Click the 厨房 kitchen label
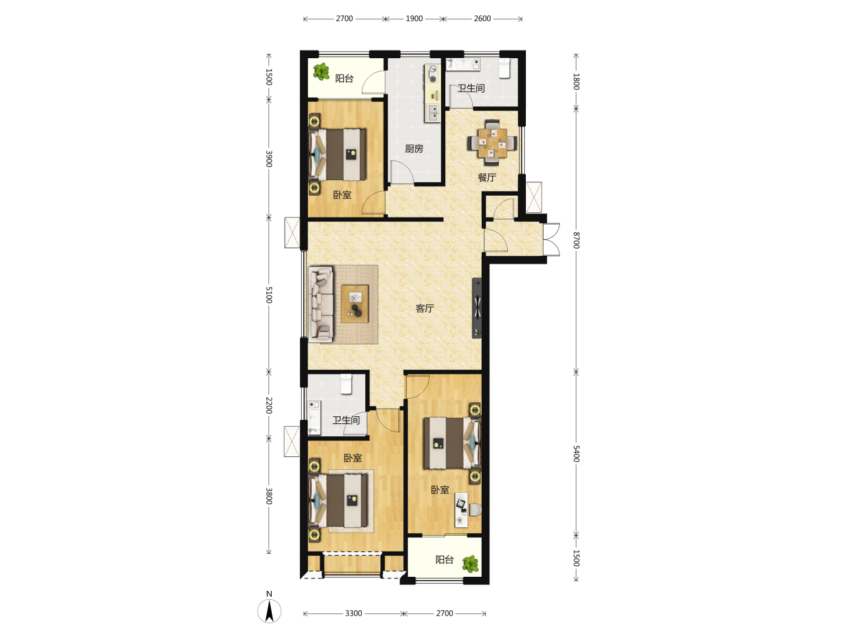(x=414, y=148)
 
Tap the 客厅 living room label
(x=425, y=308)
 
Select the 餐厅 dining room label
(x=486, y=178)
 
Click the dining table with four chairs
(x=492, y=143)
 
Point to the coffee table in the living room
(x=355, y=304)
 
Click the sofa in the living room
(x=321, y=304)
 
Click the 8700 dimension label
(x=576, y=240)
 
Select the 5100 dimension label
(x=269, y=295)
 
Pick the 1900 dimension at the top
(x=414, y=18)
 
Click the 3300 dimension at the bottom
(x=353, y=613)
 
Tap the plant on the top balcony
(x=321, y=72)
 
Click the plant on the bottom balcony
(x=471, y=564)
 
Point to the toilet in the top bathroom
(x=504, y=68)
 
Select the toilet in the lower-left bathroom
(x=346, y=384)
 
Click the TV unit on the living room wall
(x=477, y=308)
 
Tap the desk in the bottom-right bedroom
(x=461, y=510)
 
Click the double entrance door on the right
(x=552, y=239)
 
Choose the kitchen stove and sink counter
(x=432, y=93)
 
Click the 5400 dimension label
(x=576, y=454)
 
